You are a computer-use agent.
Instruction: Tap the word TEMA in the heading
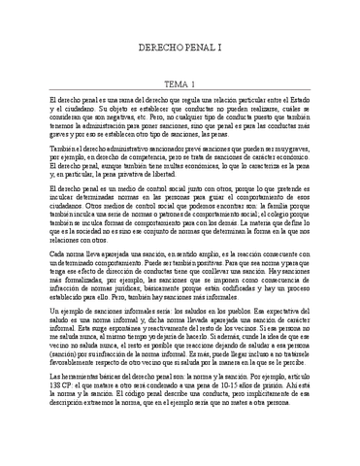click(170, 83)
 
